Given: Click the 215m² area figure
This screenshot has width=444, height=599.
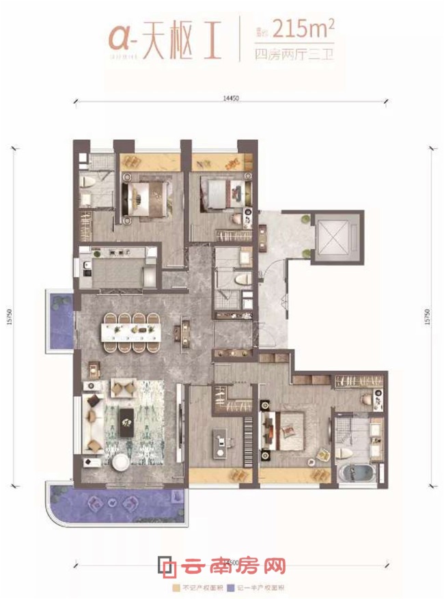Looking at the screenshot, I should [x=301, y=28].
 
